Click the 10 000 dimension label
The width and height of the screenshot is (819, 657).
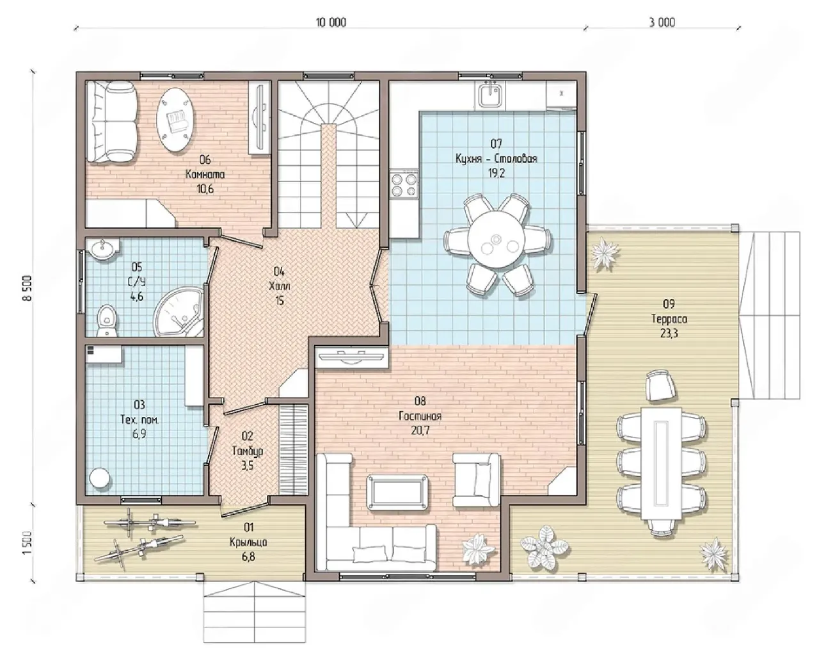click(331, 22)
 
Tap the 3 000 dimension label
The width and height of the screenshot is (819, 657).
click(662, 22)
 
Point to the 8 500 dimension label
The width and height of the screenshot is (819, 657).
click(28, 288)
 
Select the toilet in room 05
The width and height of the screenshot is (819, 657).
click(107, 321)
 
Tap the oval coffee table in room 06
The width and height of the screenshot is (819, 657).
click(175, 120)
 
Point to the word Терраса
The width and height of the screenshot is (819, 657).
click(669, 319)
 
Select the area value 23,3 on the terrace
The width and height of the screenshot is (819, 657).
click(669, 334)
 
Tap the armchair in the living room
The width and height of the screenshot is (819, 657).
click(475, 480)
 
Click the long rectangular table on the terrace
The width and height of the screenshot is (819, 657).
click(661, 463)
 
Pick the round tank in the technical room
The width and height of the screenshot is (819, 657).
click(100, 479)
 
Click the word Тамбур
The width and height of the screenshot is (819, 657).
click(248, 451)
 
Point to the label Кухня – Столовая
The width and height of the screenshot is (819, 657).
click(497, 158)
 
